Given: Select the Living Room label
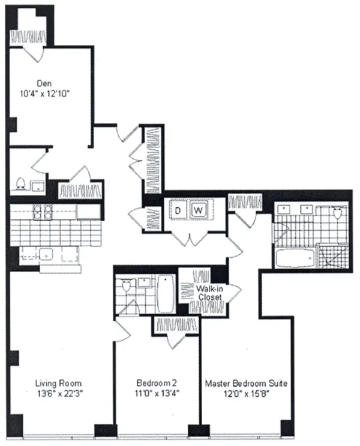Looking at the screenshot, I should pos(58,383).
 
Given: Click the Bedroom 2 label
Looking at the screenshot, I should pos(156,383).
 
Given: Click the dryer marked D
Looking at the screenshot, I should pos(178,210).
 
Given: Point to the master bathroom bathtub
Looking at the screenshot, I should pos(295,258).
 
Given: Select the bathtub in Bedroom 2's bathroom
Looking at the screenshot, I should pos(165,294).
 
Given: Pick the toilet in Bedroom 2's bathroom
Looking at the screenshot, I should pos(126,287).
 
